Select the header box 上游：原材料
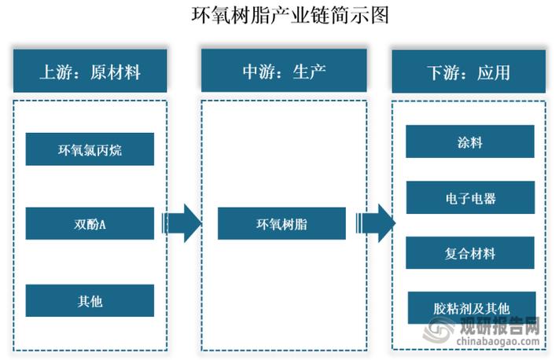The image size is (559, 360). pyautogui.click(x=90, y=72)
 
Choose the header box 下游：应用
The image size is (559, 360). pyautogui.click(x=469, y=72)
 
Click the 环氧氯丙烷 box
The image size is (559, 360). pyautogui.click(x=90, y=149)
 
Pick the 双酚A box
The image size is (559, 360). pyautogui.click(x=90, y=223)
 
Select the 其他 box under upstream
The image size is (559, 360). pyautogui.click(x=90, y=300)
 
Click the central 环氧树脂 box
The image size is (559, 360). pyautogui.click(x=281, y=223)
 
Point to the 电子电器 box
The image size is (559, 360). pyautogui.click(x=469, y=197)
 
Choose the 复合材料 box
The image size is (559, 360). pyautogui.click(x=469, y=252)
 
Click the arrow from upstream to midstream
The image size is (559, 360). pyautogui.click(x=182, y=223)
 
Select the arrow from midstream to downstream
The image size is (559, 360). pyautogui.click(x=374, y=223)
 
